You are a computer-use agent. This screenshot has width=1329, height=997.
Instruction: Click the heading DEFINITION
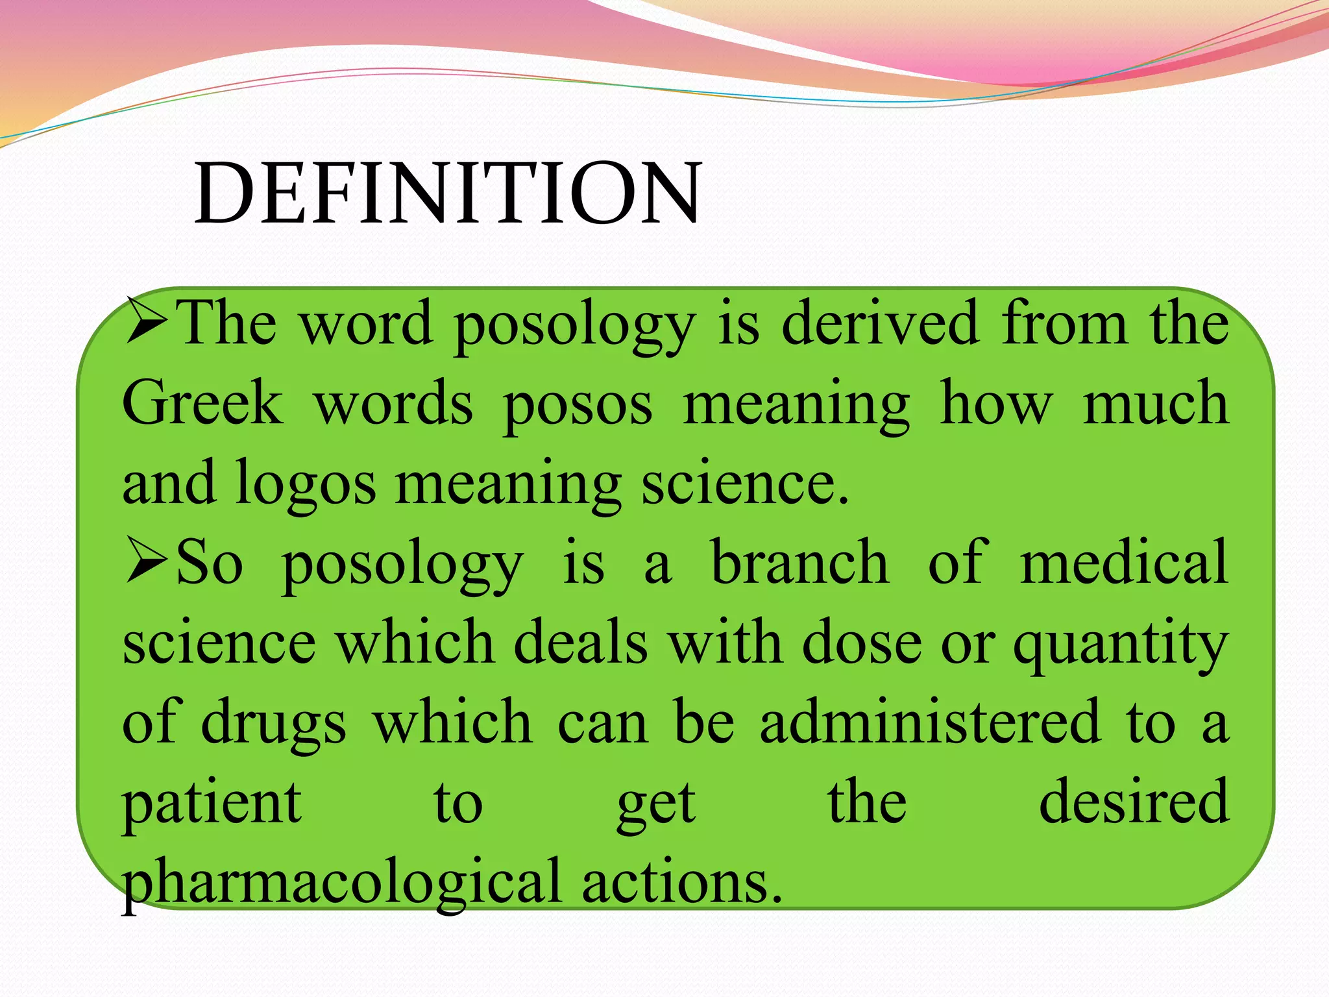(x=448, y=193)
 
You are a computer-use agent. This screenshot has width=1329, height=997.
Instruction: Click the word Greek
(x=202, y=402)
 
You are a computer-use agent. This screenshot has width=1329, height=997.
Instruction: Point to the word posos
(x=578, y=406)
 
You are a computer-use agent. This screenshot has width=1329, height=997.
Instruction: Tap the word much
(x=1156, y=402)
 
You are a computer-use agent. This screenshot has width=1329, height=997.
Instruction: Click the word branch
(x=799, y=561)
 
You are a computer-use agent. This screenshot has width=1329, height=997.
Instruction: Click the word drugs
(x=273, y=724)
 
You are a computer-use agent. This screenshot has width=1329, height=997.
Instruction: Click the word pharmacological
(x=341, y=883)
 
